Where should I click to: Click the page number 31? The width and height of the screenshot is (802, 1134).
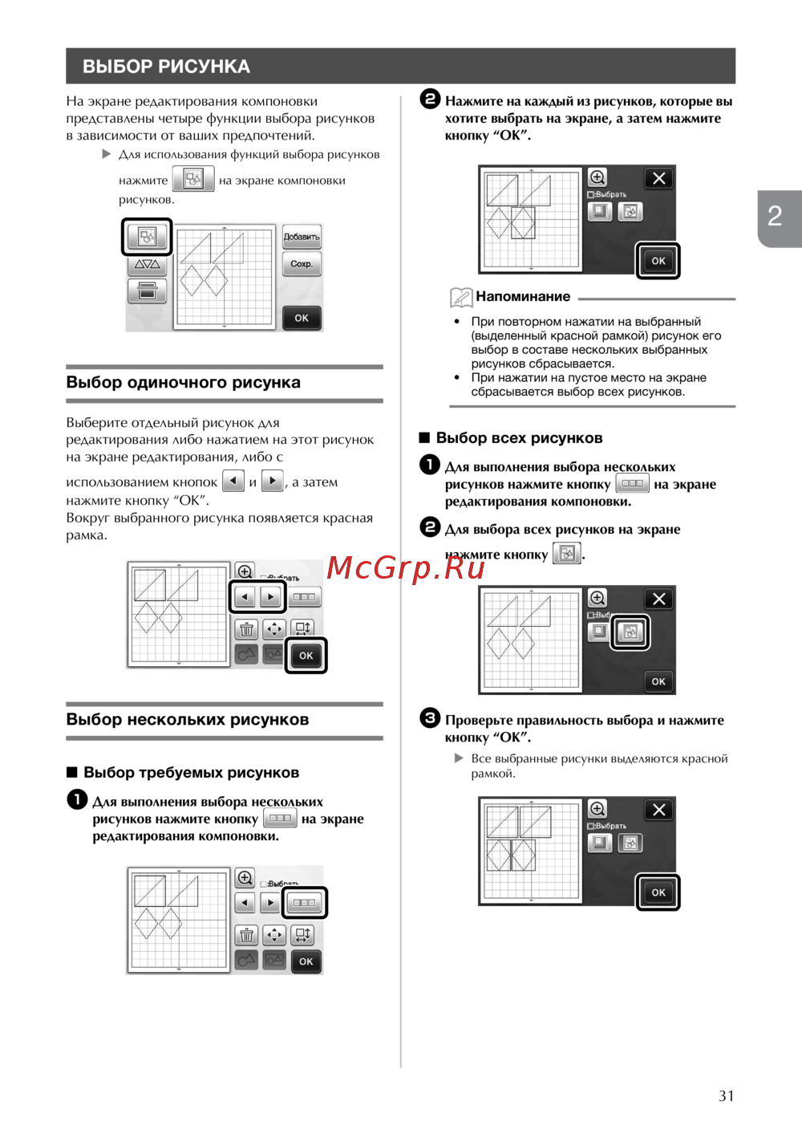click(x=726, y=1095)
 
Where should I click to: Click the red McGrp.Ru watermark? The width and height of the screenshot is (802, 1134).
click(x=406, y=568)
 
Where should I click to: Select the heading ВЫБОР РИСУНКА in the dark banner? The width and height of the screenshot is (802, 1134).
click(x=166, y=67)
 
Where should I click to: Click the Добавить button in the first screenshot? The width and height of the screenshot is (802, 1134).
click(x=302, y=237)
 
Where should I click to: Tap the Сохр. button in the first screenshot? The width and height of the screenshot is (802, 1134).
click(x=302, y=264)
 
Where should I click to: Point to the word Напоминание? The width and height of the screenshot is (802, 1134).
click(x=523, y=297)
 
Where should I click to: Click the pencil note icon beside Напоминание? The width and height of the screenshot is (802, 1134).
click(x=460, y=297)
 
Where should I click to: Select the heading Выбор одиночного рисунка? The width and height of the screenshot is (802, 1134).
click(x=183, y=382)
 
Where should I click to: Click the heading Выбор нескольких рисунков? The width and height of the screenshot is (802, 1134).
click(x=187, y=719)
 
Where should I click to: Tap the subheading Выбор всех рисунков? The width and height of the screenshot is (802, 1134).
click(x=519, y=438)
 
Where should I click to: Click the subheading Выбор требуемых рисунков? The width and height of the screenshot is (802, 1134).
click(x=191, y=773)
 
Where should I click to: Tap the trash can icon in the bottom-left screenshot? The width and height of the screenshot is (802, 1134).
click(x=246, y=936)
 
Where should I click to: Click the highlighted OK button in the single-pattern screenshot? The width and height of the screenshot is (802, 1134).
click(x=306, y=656)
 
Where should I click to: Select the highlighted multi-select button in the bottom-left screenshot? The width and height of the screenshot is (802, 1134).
click(x=304, y=903)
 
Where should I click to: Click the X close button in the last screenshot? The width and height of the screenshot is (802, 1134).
click(x=658, y=810)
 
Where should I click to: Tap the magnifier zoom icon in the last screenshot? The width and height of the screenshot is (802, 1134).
click(x=597, y=809)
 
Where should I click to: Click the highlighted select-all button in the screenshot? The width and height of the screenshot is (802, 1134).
click(x=630, y=632)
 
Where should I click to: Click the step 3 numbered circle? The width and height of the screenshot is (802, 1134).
click(x=430, y=718)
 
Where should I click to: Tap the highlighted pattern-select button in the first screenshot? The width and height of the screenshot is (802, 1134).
click(x=147, y=237)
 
